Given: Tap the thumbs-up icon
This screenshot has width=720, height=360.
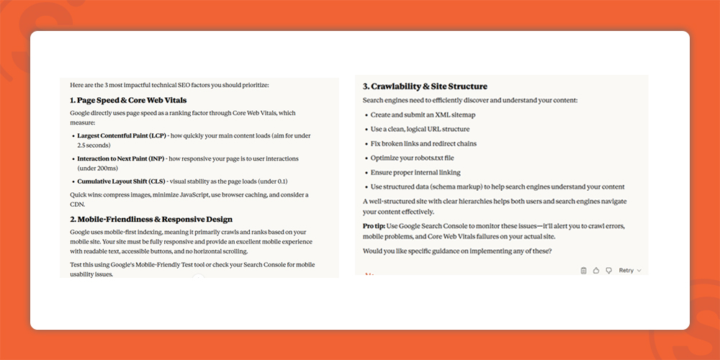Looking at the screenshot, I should click(596, 271).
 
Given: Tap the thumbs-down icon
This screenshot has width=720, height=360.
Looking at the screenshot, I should click(608, 271).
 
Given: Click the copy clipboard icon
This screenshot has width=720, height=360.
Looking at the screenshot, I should click(584, 271).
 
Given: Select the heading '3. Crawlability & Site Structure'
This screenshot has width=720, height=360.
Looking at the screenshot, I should click(425, 86).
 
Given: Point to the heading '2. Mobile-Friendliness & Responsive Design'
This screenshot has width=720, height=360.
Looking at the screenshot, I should click(151, 219).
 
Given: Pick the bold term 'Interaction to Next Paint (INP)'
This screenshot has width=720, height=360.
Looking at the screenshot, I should click(122, 158).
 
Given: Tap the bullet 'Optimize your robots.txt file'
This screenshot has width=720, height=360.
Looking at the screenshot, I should click(412, 158).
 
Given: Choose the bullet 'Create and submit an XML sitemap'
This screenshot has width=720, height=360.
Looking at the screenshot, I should click(423, 114).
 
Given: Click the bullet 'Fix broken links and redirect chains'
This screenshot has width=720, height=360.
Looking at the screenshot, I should click(423, 143).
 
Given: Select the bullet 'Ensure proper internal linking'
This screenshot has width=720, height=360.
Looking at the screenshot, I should click(415, 172).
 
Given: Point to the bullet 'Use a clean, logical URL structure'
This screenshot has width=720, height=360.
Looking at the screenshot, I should click(420, 129).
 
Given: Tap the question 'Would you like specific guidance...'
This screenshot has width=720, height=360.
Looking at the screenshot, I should click(456, 250).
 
